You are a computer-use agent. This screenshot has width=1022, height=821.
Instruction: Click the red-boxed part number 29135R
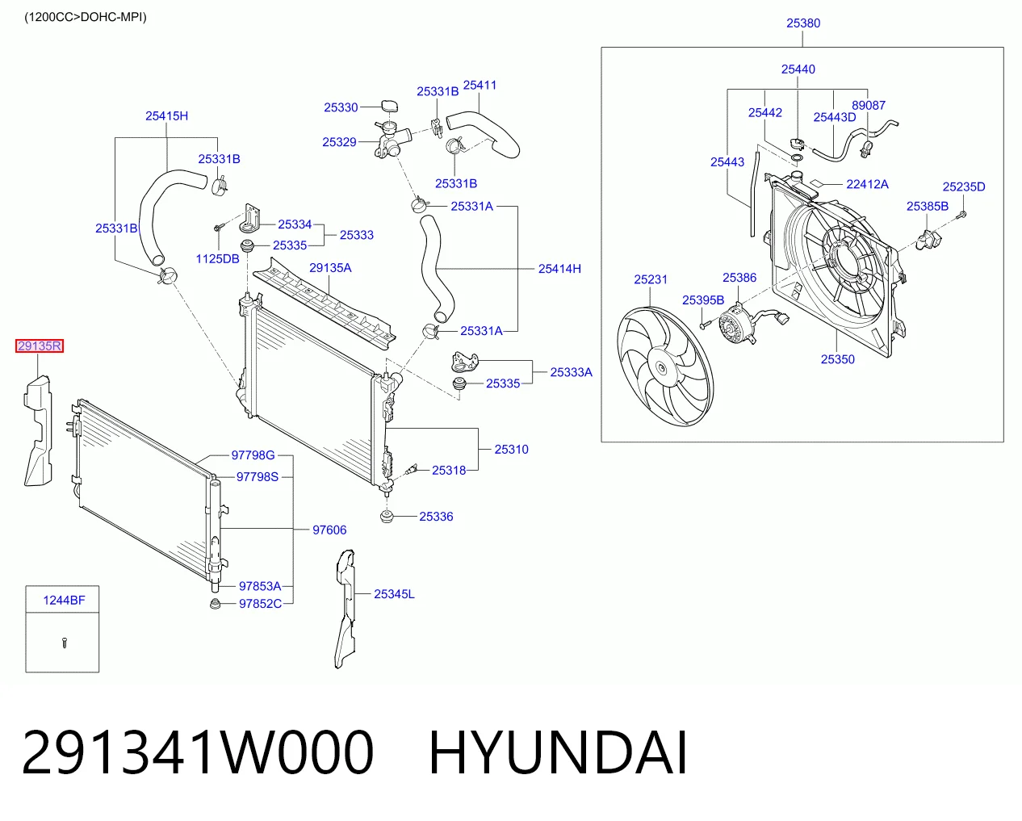[40, 346]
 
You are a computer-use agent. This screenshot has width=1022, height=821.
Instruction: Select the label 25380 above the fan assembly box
[803, 23]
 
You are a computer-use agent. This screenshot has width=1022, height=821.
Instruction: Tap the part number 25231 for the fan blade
[651, 279]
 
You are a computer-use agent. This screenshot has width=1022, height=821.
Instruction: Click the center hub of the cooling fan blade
[662, 368]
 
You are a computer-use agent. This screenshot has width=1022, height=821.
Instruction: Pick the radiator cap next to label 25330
[389, 107]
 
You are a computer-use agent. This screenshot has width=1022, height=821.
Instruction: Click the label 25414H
[559, 269]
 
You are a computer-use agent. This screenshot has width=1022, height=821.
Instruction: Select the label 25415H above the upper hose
[166, 116]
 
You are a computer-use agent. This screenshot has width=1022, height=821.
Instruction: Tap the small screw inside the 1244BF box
[65, 643]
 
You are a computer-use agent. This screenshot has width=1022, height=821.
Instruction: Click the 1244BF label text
[64, 600]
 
